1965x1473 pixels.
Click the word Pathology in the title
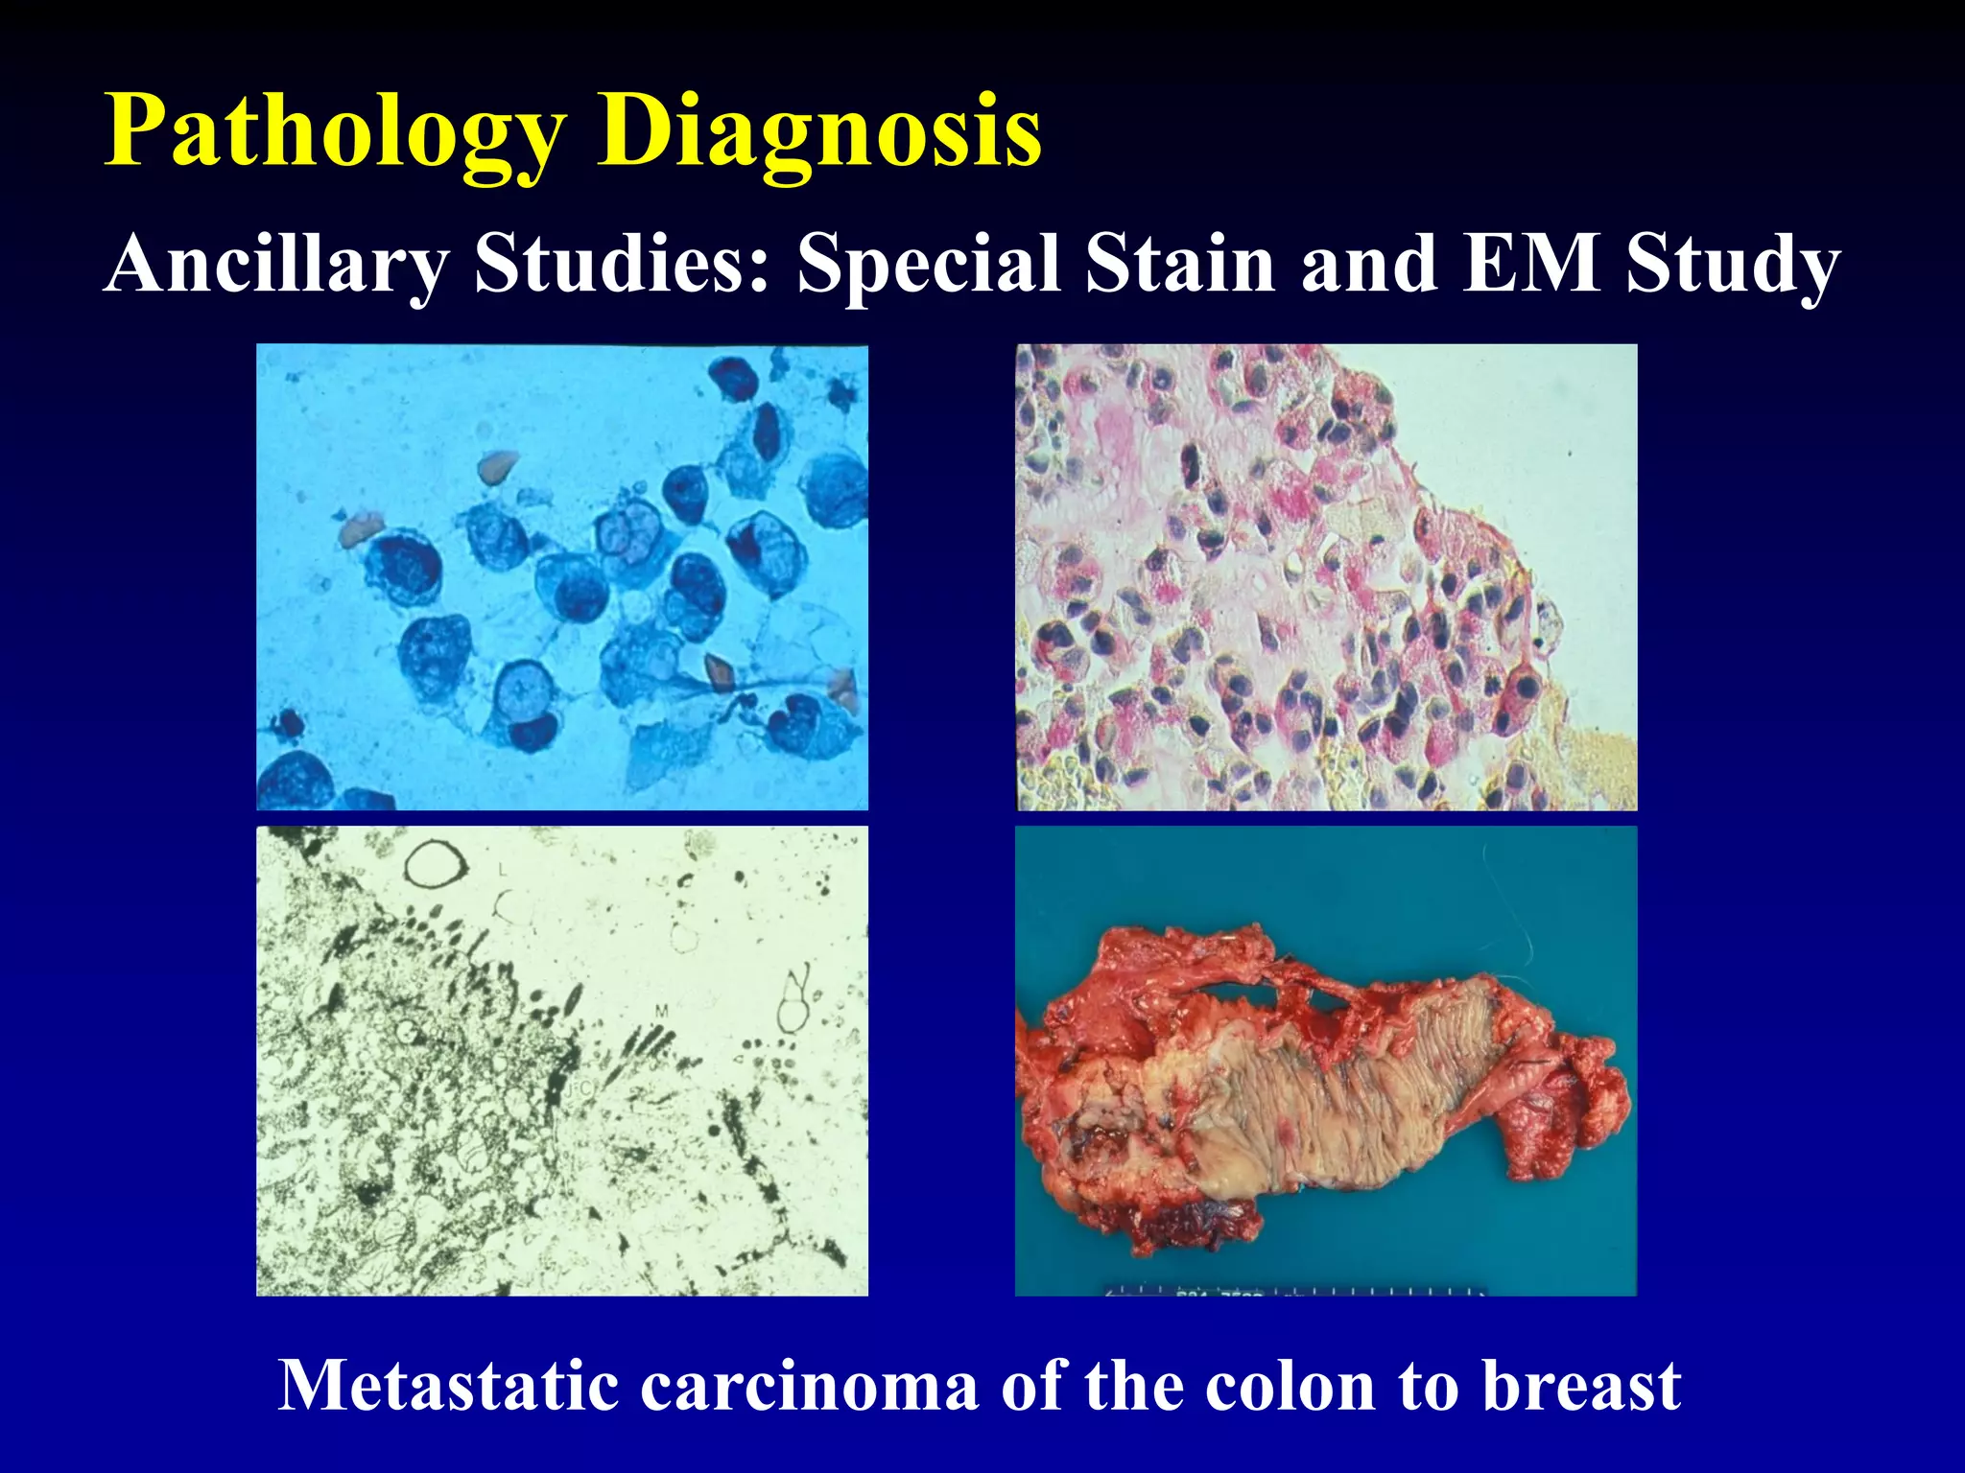tap(336, 132)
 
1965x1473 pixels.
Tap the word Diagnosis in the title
tap(819, 132)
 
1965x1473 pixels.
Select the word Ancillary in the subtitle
tap(277, 263)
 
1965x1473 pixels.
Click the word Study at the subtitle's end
tap(1733, 263)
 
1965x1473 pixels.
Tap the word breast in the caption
tap(1582, 1386)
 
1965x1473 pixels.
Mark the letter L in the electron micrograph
tap(502, 871)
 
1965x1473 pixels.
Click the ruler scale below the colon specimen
tap(1295, 1290)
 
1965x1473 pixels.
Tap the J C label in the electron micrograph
tap(579, 1089)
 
